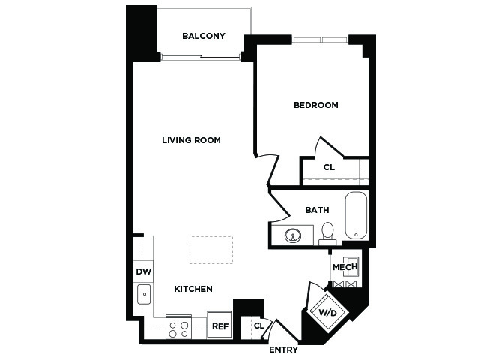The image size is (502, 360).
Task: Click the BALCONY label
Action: [x=204, y=36]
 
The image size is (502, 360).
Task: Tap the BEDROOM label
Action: [x=316, y=105]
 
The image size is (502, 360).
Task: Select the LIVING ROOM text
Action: [x=191, y=140]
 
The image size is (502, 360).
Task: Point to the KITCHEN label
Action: [x=193, y=289]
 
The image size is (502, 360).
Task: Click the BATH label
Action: [x=317, y=210]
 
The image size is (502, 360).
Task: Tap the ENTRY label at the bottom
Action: [x=283, y=349]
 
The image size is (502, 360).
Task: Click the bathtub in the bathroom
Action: [x=356, y=215]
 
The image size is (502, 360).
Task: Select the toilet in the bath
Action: [x=327, y=234]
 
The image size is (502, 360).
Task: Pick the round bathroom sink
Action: [x=293, y=236]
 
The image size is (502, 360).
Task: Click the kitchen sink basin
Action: [x=144, y=294]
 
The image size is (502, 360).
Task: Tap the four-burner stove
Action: [x=178, y=328]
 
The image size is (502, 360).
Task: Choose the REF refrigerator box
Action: [x=220, y=324]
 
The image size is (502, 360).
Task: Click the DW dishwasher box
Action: [x=143, y=271]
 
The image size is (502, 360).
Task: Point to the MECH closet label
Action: [x=345, y=267]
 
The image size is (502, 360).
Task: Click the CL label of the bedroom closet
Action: [x=329, y=167]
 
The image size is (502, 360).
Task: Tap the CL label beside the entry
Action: [x=259, y=326]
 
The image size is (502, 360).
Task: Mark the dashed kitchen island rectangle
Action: [x=211, y=250]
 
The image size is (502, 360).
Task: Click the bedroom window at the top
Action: [x=320, y=40]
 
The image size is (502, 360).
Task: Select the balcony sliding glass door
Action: [x=201, y=57]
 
